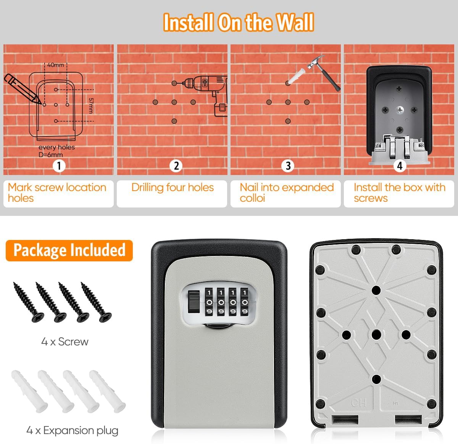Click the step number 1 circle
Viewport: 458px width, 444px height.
59,166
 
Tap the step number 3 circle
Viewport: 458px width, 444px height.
288,166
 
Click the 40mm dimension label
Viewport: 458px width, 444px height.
56,65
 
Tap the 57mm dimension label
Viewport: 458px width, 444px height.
91,105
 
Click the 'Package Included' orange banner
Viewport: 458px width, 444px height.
69,250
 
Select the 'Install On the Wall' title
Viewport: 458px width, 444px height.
239,22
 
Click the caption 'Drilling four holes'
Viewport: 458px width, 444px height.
173,188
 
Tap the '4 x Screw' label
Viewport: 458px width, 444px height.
65,342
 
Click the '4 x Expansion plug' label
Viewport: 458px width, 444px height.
73,431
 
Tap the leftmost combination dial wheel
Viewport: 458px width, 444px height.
209,302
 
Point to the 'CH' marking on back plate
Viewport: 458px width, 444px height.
359,403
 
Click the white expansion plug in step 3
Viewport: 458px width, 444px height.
295,76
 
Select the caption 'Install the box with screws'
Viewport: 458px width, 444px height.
399,193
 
